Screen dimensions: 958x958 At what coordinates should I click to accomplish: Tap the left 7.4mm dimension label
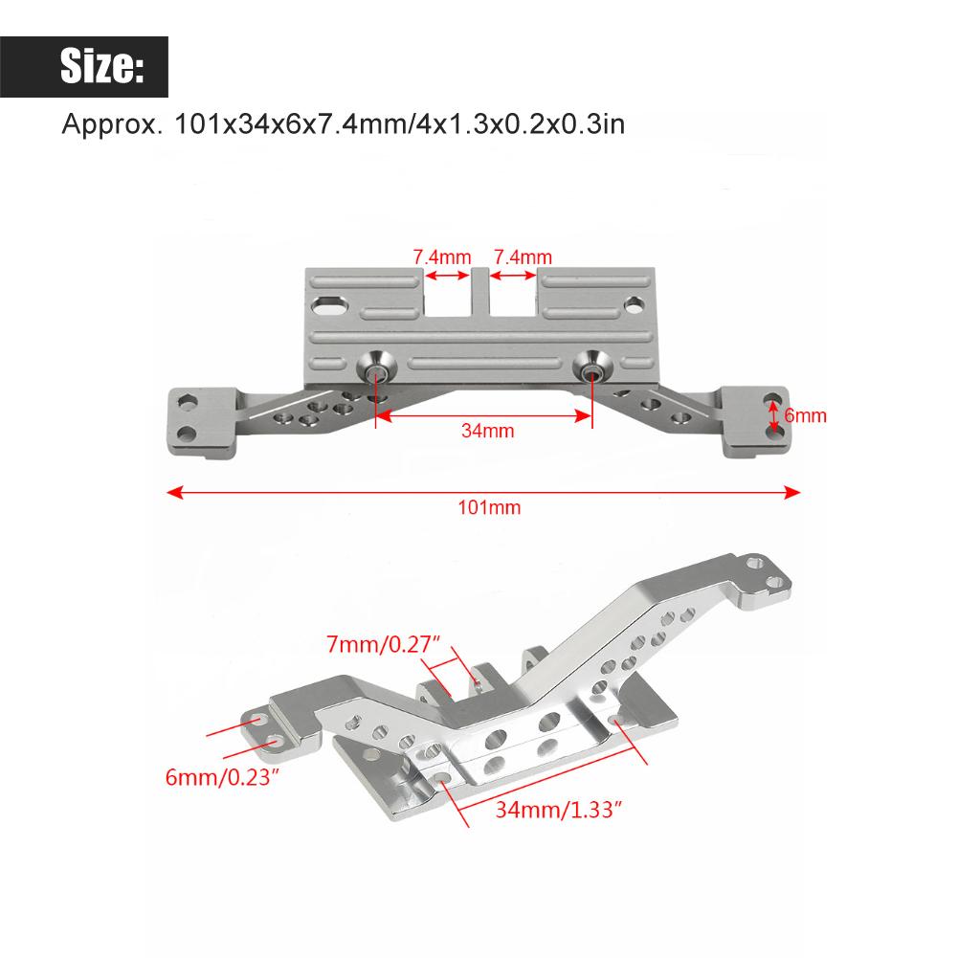(442, 256)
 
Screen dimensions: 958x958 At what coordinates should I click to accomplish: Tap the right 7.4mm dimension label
(522, 256)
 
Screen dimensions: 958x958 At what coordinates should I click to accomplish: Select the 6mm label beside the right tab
(805, 415)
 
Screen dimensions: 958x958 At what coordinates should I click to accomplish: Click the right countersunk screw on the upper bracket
(591, 368)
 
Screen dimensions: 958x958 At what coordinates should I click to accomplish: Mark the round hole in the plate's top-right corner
(635, 305)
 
